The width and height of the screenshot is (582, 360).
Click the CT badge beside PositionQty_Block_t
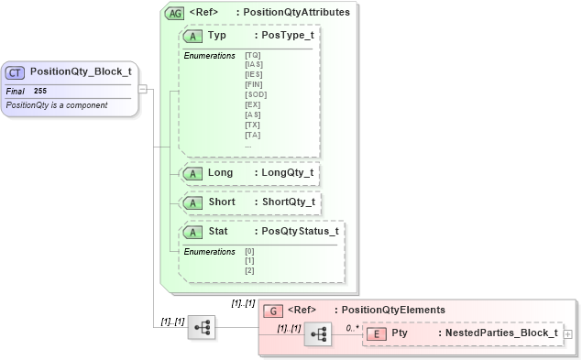16,71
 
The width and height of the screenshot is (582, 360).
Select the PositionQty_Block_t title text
81,71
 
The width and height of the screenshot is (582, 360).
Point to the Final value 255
40,92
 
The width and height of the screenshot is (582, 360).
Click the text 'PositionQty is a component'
57,105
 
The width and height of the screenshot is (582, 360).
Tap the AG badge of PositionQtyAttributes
173,13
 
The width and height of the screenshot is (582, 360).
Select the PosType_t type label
287,36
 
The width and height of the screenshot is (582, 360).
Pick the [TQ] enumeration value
252,55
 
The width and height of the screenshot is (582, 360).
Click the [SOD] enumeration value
255,94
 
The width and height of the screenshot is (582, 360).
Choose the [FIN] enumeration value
254,84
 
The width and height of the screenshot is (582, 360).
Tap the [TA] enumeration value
252,135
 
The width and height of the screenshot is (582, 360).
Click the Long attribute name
220,172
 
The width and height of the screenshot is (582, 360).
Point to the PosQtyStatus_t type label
300,231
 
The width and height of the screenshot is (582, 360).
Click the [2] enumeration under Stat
249,270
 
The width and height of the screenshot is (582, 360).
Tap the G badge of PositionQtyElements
272,310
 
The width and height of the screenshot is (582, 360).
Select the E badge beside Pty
377,333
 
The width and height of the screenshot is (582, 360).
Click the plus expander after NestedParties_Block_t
568,334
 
